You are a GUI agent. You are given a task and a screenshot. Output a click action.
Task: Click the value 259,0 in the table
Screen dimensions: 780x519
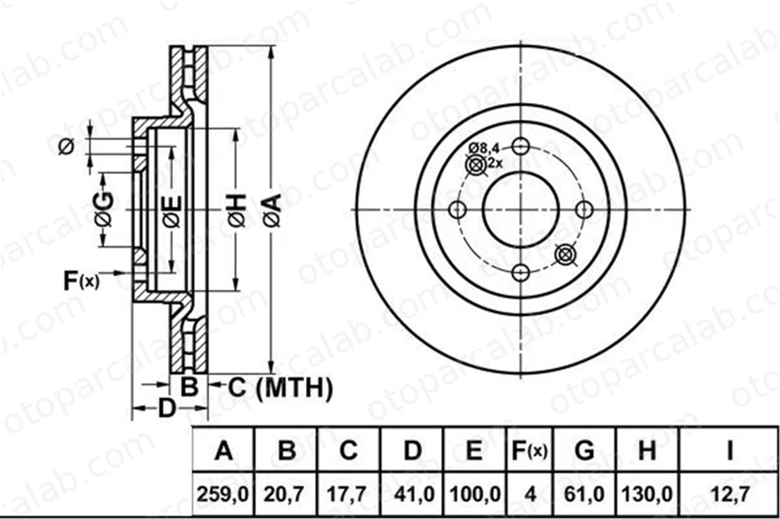(223, 494)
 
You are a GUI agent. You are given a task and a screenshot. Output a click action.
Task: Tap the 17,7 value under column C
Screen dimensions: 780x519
(348, 494)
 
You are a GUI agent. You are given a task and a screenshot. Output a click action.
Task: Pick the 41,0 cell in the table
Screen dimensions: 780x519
(413, 494)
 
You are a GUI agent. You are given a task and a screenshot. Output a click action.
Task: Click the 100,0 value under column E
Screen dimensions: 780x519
(474, 494)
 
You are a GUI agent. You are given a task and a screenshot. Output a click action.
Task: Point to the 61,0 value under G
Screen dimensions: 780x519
(584, 494)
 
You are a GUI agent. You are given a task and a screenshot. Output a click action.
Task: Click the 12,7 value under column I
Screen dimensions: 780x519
(729, 494)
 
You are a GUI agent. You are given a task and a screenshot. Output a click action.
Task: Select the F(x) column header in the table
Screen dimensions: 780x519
(530, 450)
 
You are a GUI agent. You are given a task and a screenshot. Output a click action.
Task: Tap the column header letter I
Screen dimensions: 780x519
(730, 450)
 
